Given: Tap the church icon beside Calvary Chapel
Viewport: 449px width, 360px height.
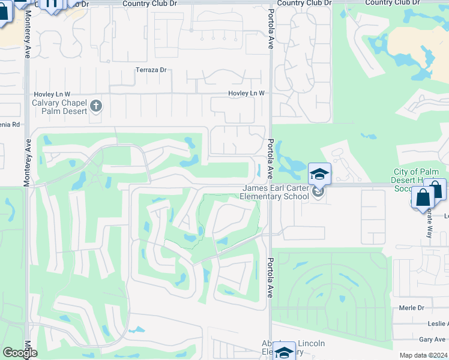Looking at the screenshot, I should [96, 107].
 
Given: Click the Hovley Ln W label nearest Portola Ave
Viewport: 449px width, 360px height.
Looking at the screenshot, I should [246, 94].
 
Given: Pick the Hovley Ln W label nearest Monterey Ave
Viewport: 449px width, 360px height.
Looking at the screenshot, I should [51, 94].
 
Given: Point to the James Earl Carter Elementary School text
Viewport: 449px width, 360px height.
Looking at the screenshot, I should [274, 192].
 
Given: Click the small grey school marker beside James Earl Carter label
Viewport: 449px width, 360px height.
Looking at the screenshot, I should [318, 192].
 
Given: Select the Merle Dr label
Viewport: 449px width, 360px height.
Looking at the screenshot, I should [411, 308].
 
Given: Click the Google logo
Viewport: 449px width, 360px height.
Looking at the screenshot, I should [20, 353].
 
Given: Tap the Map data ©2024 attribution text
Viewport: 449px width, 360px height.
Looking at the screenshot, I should [423, 355].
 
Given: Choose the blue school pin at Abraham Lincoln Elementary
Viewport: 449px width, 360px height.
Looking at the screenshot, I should [284, 352].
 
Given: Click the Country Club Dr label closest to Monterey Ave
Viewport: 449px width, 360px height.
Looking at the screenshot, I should [150, 3].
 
